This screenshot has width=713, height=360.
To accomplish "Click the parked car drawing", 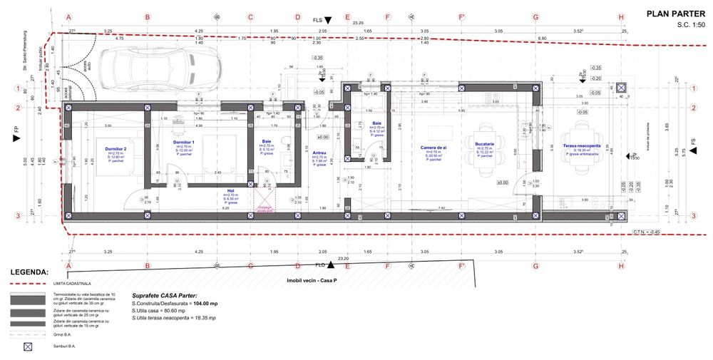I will pyautogui.click(x=146, y=68).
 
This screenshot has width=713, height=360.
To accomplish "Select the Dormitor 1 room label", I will pyautogui.click(x=183, y=142).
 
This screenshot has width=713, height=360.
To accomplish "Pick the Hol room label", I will pyautogui.click(x=230, y=190).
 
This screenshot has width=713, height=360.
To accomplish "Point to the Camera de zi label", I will pyautogui.click(x=433, y=147).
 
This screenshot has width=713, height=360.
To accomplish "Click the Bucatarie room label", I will pyautogui.click(x=486, y=144).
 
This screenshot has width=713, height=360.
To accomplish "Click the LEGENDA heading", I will pyautogui.click(x=29, y=272).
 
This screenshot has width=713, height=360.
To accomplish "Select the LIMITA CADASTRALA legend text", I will pyautogui.click(x=70, y=283).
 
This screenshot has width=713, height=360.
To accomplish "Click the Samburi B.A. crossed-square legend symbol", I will pyautogui.click(x=29, y=347).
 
